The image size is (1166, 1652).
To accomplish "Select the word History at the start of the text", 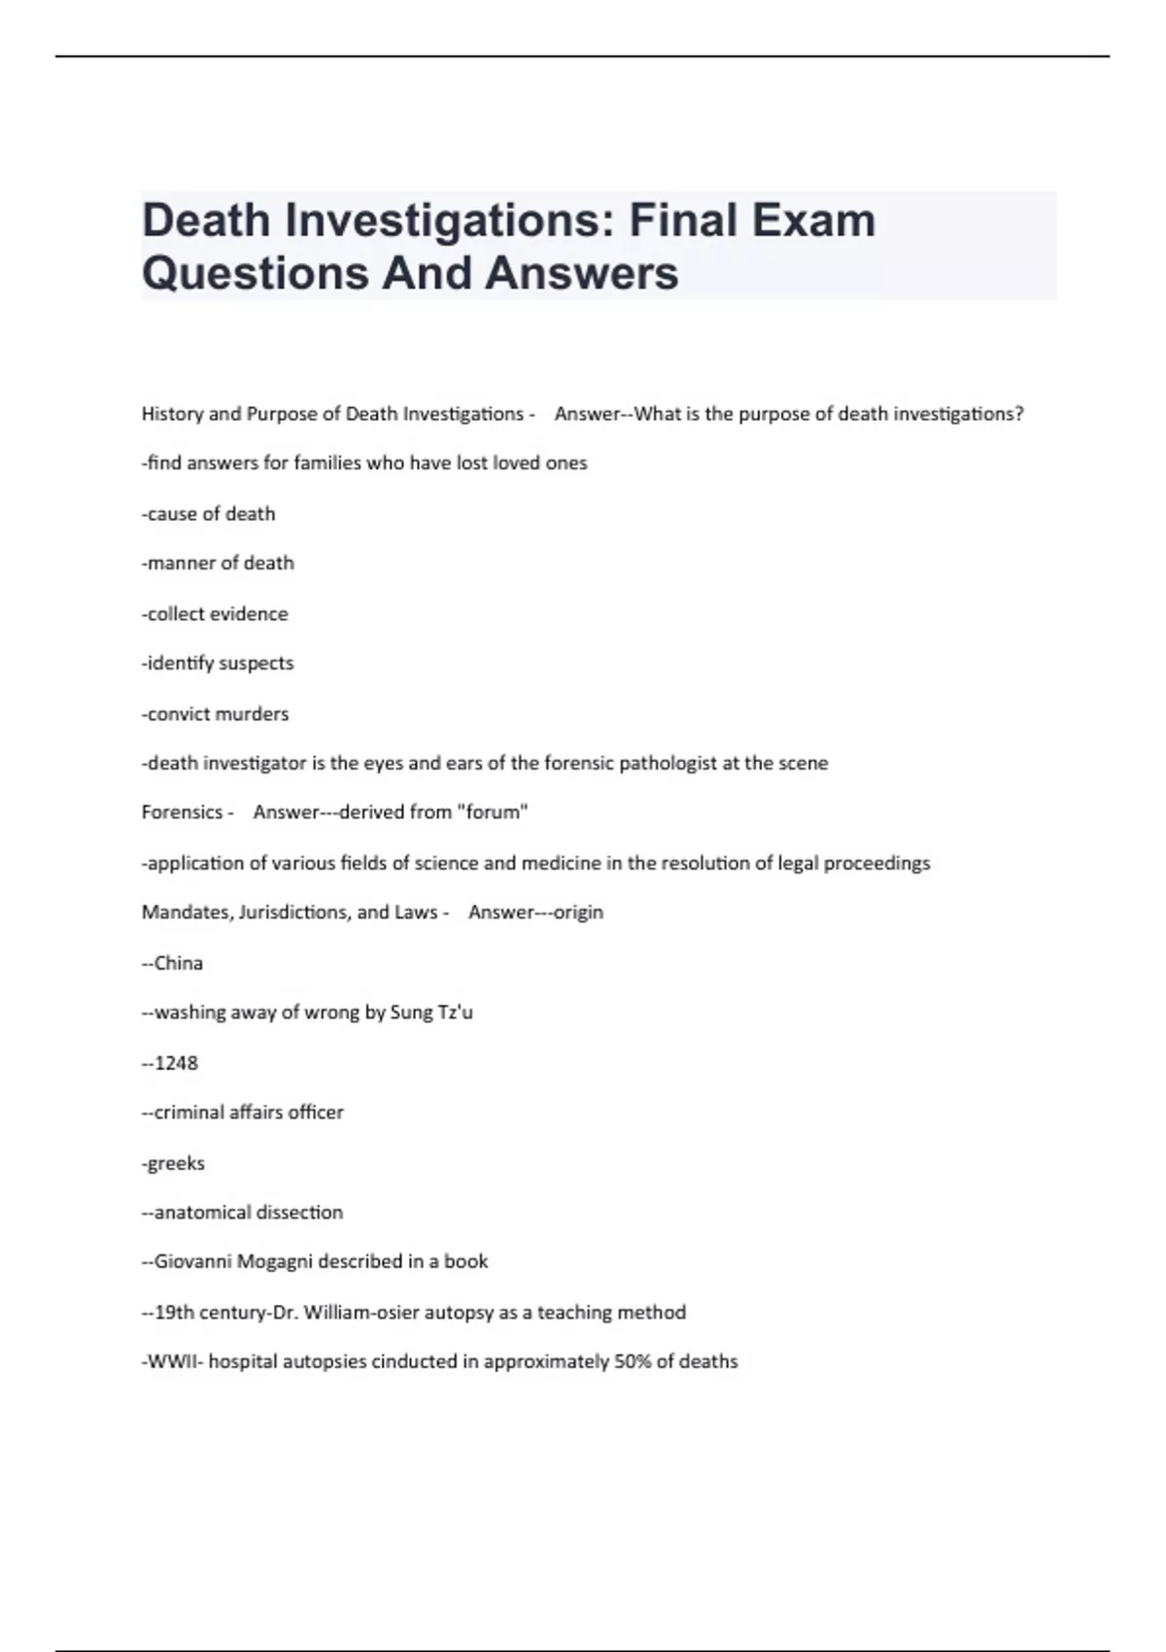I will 172,414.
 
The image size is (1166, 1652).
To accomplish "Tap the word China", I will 179,963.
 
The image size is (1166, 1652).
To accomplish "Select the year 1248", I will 176,1063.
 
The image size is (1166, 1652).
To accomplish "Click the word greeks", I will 176,1163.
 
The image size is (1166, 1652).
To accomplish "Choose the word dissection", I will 299,1213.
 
